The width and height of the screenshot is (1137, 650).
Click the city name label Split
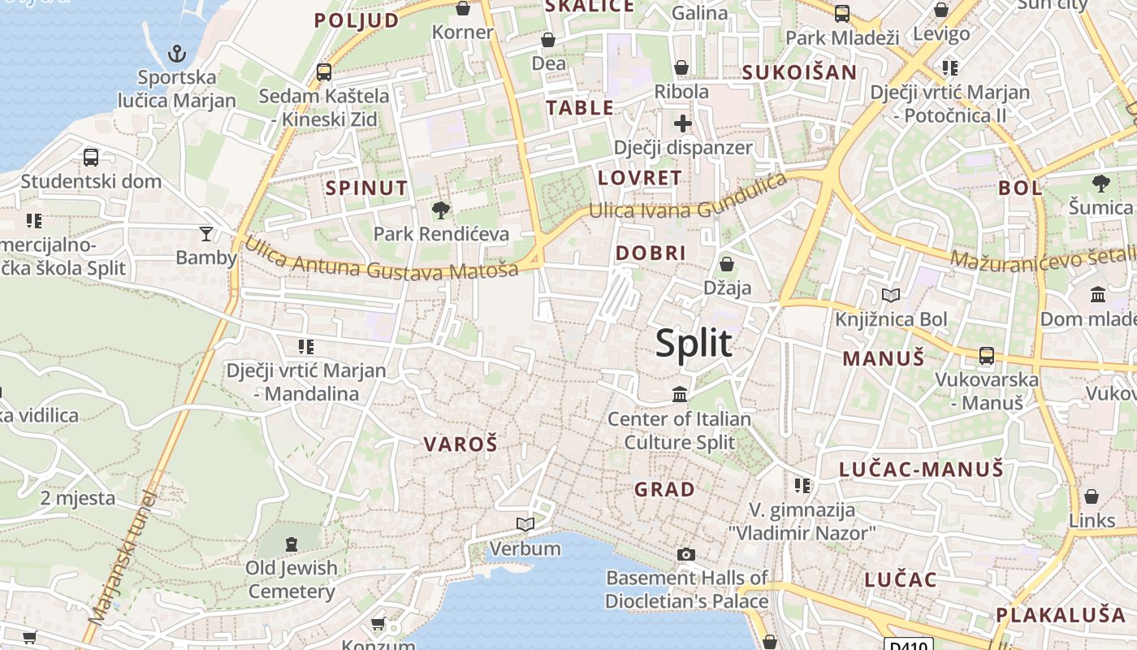(x=694, y=344)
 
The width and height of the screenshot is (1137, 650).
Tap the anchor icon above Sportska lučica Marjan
(x=176, y=54)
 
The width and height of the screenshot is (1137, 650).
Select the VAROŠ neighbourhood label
(x=460, y=444)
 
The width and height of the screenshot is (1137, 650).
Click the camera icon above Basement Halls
(x=686, y=554)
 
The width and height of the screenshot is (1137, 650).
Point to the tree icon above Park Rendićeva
(x=441, y=210)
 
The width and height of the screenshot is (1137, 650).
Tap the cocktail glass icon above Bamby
(x=206, y=234)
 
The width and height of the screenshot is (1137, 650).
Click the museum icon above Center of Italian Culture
(x=680, y=395)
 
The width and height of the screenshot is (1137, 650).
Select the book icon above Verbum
(x=525, y=524)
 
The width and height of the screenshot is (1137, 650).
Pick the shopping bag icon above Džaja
(x=727, y=264)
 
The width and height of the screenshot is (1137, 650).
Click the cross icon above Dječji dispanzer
(x=682, y=123)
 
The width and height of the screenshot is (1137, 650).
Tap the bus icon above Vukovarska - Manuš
(x=987, y=355)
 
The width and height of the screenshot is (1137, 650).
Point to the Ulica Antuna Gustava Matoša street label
(x=381, y=258)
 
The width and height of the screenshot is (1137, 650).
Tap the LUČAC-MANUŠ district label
(x=921, y=469)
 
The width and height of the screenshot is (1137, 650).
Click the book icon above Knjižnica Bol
(x=891, y=295)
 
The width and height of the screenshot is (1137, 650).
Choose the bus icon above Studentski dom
(x=91, y=157)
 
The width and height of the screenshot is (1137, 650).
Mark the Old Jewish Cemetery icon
(x=292, y=544)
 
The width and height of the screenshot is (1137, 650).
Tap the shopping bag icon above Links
(x=1092, y=496)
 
